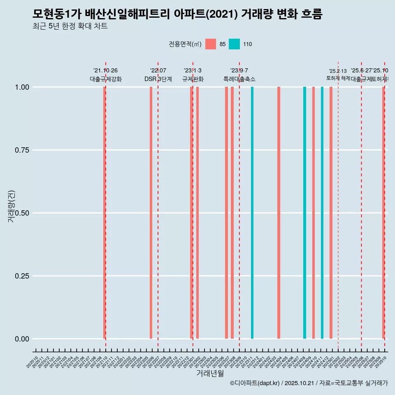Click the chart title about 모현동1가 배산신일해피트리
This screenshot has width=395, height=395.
177,14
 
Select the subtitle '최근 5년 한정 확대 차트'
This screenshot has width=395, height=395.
70,27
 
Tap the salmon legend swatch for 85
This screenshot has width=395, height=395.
211,44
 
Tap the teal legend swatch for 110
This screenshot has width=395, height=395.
234,44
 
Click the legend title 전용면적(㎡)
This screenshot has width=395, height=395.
185,44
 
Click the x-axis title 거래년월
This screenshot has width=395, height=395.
210,373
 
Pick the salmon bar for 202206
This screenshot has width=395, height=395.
151,213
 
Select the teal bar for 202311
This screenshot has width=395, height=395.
252,213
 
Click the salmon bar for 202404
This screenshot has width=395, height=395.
279,213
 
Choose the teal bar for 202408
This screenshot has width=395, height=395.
304,213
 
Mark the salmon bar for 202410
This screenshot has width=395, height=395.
314,213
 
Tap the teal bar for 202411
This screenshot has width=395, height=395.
322,213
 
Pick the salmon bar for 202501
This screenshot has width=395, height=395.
331,213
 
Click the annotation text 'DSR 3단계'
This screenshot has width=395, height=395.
158,79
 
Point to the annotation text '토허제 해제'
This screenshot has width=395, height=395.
338,78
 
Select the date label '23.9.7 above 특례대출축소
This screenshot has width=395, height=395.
239,71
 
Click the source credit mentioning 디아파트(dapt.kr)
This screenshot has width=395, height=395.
309,383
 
